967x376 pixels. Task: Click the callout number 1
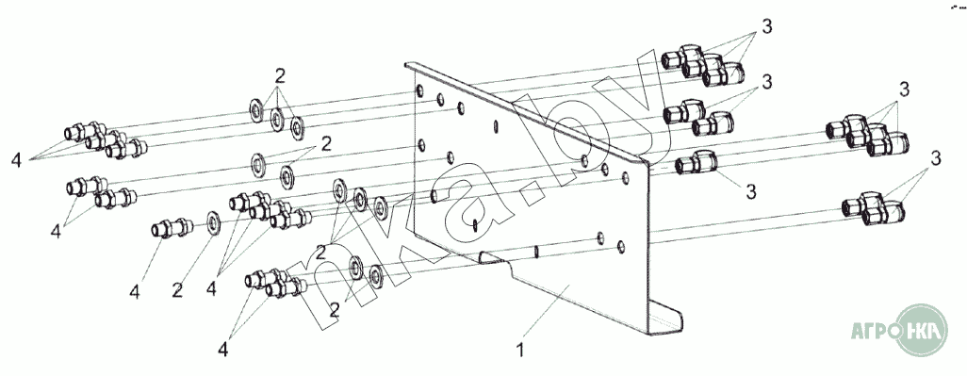520,351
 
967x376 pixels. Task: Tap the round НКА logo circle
921,331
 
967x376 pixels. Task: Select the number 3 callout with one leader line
750,191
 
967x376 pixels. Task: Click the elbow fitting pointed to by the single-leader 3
697,163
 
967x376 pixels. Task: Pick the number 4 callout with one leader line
135,292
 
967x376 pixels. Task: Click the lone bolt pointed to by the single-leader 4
172,228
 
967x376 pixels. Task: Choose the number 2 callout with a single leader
177,290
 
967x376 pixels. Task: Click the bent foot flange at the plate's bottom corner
666,319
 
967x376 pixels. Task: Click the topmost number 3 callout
766,27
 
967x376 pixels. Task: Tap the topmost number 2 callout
280,76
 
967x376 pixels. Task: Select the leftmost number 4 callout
17,160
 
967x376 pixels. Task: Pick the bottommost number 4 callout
222,350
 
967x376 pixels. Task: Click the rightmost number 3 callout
936,158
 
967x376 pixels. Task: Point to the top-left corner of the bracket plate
406,63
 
